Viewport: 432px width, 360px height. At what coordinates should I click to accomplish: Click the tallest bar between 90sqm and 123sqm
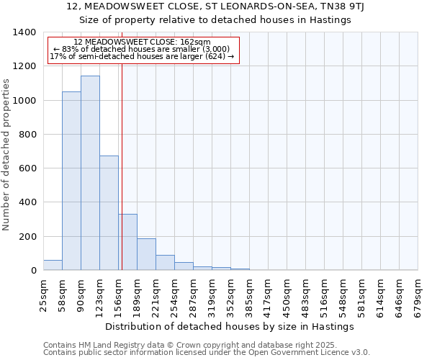click(90, 173)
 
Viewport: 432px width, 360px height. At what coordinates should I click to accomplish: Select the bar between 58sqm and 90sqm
click(71, 181)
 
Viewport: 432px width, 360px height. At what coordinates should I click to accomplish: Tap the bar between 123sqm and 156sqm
click(109, 213)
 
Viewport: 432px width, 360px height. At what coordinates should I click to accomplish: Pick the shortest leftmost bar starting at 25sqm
click(53, 265)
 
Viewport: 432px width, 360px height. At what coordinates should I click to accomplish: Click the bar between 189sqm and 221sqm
click(146, 254)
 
